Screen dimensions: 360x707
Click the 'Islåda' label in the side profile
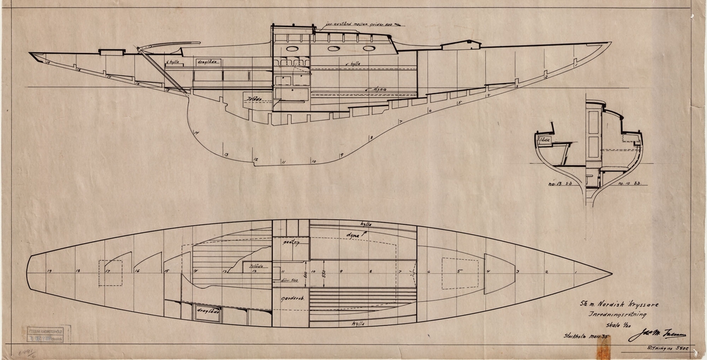(x=255, y=98)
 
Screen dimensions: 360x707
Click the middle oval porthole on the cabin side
(x=333, y=49)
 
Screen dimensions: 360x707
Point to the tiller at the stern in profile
(x=171, y=45)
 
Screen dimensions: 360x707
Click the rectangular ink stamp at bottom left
(x=47, y=335)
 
